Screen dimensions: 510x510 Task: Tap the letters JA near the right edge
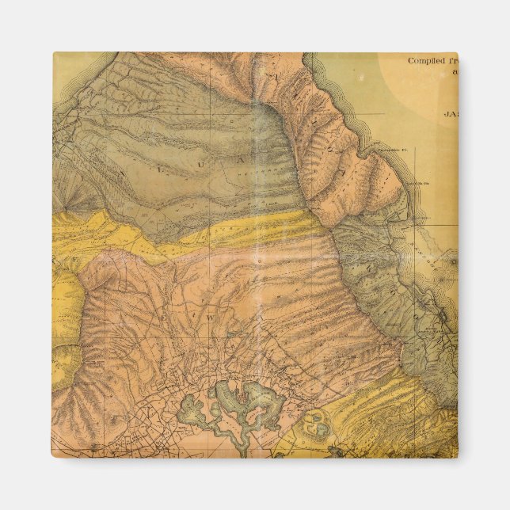[x=450, y=112]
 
